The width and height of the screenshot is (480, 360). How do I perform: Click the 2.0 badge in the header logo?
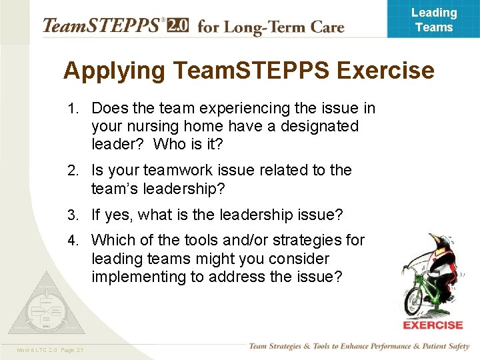click(178, 26)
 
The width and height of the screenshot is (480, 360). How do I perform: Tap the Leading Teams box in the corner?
click(433, 19)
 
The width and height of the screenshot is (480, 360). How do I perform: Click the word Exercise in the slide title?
click(380, 70)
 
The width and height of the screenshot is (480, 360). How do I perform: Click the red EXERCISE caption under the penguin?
click(433, 325)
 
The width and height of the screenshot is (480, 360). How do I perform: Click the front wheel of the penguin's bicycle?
click(416, 300)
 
